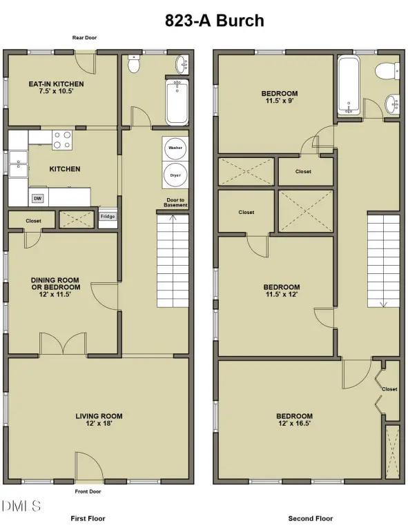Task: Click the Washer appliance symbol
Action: (x=175, y=148)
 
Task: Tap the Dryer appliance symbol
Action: (x=175, y=175)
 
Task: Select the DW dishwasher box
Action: (x=37, y=199)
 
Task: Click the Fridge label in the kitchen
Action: (x=108, y=216)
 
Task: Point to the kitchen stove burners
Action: (x=62, y=140)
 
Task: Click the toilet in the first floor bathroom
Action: (x=134, y=64)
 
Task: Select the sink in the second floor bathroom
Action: (x=392, y=104)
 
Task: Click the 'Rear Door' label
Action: (x=84, y=37)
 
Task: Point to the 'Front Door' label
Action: (x=88, y=491)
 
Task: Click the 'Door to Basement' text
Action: (x=175, y=202)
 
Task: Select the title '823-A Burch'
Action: (x=214, y=21)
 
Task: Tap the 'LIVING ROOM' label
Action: (x=99, y=416)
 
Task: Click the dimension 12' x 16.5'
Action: (x=294, y=424)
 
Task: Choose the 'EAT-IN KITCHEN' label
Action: (x=56, y=84)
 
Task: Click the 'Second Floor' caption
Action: (x=310, y=518)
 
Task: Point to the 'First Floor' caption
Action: (x=88, y=518)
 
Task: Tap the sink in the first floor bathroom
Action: (x=182, y=64)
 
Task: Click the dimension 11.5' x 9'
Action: (x=280, y=101)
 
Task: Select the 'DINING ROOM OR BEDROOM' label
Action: (x=55, y=284)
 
